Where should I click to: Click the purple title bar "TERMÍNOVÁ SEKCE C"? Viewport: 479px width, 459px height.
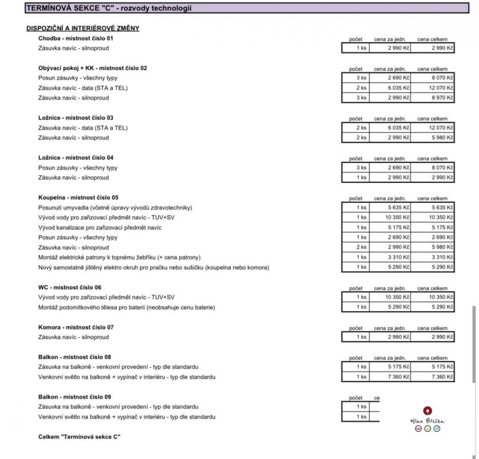tap(247, 8)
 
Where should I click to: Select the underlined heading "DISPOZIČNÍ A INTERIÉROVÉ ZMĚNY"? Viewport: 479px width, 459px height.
tap(83, 28)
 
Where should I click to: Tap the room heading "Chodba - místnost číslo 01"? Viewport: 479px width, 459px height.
tap(76, 38)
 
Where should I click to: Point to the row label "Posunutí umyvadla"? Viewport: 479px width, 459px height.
tap(115, 208)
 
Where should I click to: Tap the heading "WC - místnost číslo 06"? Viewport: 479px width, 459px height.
tap(70, 287)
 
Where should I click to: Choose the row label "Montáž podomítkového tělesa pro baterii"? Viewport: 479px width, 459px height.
tap(126, 307)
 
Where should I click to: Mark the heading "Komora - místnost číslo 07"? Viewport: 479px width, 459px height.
tap(76, 327)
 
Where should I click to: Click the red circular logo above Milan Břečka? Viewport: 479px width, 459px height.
tap(427, 411)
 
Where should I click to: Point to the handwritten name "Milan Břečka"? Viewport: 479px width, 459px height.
tap(427, 421)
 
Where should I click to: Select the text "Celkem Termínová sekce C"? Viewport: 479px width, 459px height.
tap(79, 437)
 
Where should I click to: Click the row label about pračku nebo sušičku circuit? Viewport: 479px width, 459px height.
tap(154, 267)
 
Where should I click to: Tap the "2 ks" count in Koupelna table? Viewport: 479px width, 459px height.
tap(361, 247)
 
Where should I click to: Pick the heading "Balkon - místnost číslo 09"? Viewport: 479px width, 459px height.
tap(74, 397)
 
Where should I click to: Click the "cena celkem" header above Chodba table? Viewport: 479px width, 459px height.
tap(432, 39)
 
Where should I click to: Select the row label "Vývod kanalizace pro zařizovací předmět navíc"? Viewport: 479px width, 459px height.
tap(100, 228)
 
